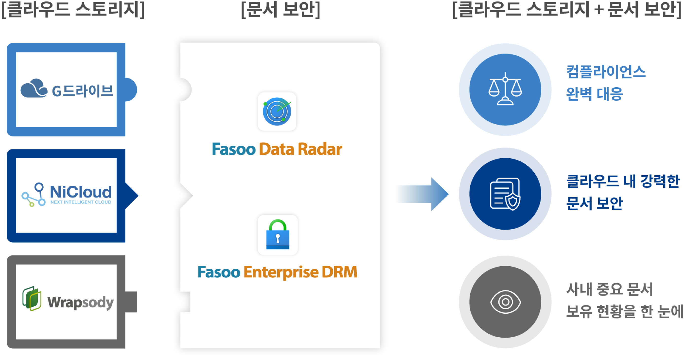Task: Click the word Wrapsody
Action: [x=80, y=302]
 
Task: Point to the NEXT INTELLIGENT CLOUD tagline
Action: [x=81, y=202]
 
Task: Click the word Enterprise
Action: [x=281, y=272]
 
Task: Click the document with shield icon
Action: [x=505, y=194]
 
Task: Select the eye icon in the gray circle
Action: [x=505, y=302]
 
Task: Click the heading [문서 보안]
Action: [x=281, y=10]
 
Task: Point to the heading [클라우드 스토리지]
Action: [x=73, y=10]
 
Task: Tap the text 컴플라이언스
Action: [x=606, y=72]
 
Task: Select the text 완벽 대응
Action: [x=595, y=94]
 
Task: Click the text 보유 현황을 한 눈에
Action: [x=624, y=311]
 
